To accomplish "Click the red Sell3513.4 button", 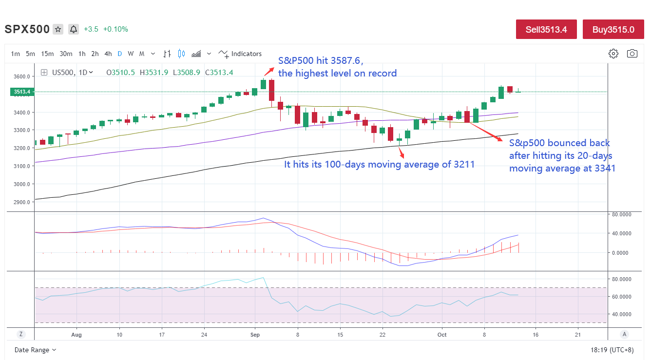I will coord(546,29).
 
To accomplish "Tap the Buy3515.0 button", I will coord(613,29).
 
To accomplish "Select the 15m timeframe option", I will coord(47,54).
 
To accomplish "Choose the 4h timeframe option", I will coord(108,54).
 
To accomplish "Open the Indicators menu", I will coord(240,54).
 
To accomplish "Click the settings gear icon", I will coord(613,54).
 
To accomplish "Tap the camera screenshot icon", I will coord(632,54).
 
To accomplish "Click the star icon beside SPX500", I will coord(58,29).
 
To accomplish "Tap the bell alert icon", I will coord(74,29).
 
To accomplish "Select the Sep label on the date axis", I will coord(255,335).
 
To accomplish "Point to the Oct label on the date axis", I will coord(442,335).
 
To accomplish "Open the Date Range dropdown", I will coord(35,350).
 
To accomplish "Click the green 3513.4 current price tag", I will coord(21,92).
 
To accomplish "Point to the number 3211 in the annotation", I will coord(465,165).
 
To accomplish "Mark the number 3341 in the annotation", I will coord(604,168).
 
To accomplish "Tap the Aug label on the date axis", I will coord(77,335).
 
